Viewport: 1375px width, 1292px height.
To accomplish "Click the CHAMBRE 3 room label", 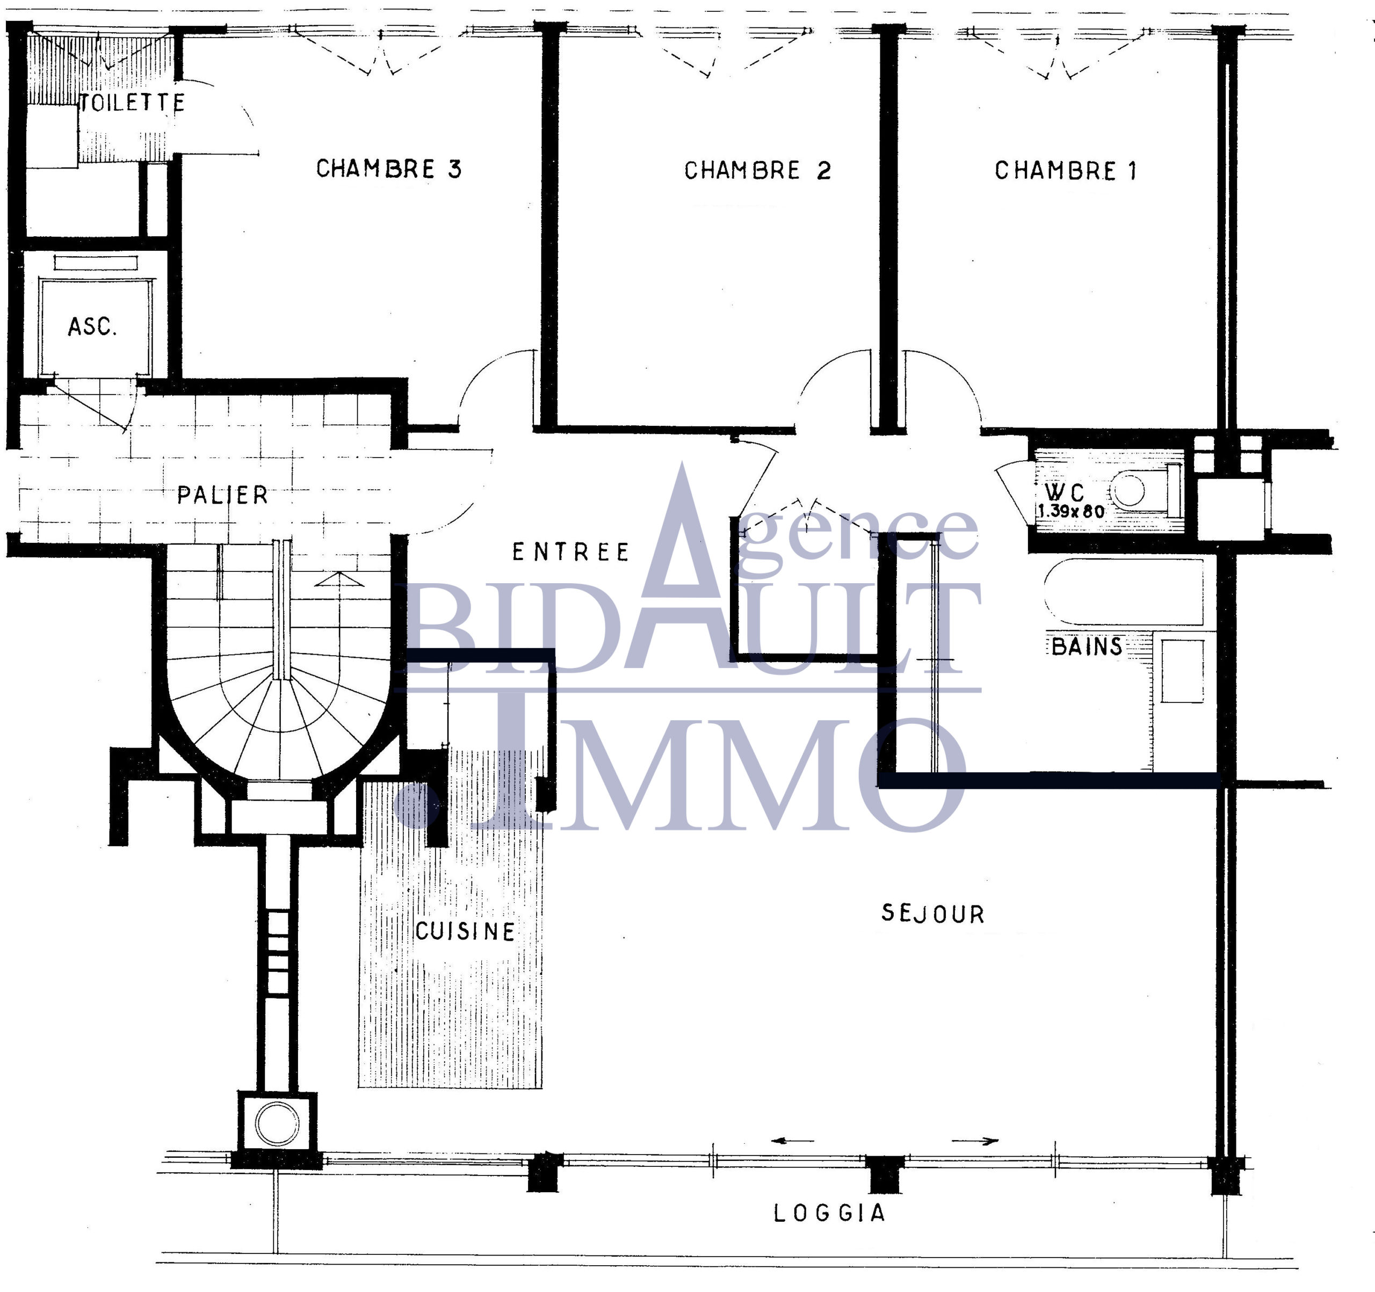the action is (x=389, y=169).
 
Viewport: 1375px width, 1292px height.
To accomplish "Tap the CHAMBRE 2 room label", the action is (x=757, y=170).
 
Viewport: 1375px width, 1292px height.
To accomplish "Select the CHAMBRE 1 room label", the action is (x=1066, y=170).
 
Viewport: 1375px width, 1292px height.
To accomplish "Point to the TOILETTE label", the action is (x=132, y=103).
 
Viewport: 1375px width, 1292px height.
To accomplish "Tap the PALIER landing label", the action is (x=222, y=495).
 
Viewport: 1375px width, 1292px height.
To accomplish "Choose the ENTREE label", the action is (x=570, y=552).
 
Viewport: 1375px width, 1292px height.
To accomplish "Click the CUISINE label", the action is (x=465, y=931).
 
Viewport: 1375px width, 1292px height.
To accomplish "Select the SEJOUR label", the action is (x=932, y=913).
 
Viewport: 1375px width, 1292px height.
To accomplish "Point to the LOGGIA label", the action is (x=829, y=1213).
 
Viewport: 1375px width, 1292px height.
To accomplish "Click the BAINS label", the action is (x=1087, y=646).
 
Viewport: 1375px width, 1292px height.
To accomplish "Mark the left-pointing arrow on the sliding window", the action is (x=793, y=1141).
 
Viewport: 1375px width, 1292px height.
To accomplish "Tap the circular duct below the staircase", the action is (x=277, y=1124).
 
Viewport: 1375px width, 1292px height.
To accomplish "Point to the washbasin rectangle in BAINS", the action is (x=1182, y=671).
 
